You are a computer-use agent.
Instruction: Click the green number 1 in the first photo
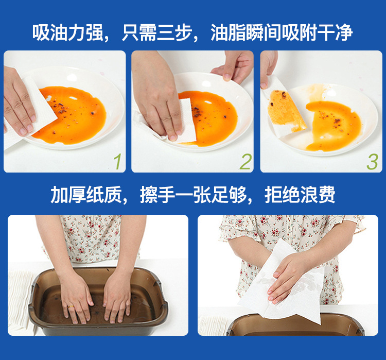coord(118,161)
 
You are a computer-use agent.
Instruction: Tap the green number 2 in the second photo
coord(246,161)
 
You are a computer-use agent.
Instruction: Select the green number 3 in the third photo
coord(372,162)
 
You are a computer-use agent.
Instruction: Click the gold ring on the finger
coord(71,306)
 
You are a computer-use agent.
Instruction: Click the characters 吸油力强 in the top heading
coord(67,33)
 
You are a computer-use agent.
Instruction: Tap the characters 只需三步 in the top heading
coord(157,33)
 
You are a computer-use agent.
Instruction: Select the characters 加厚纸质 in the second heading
coord(86,195)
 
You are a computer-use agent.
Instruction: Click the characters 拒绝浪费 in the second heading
coord(300,195)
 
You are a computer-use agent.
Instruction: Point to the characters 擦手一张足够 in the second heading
coord(193,195)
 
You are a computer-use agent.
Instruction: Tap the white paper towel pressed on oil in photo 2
coord(187,121)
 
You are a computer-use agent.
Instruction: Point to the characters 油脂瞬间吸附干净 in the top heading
coord(282,33)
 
